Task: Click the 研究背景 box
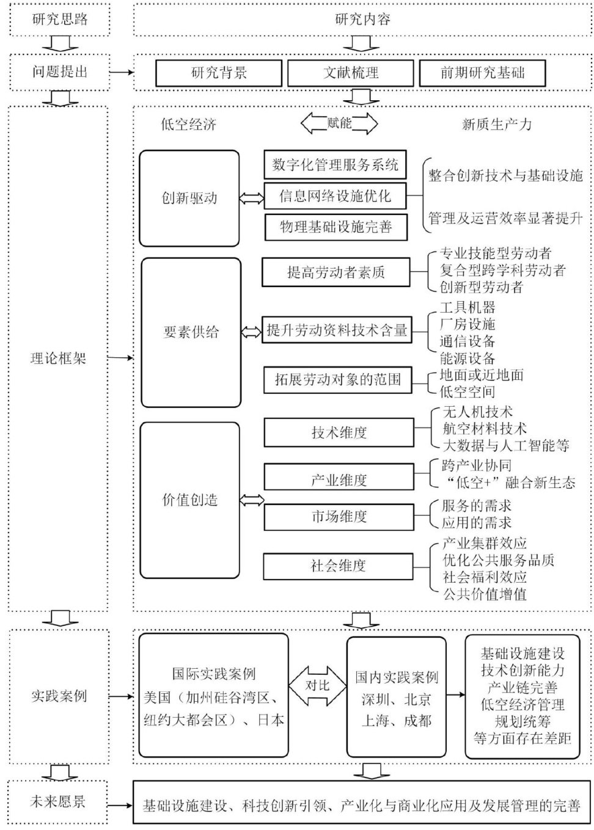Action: coord(219,73)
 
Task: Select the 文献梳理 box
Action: coord(351,73)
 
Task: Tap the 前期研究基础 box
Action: coord(482,73)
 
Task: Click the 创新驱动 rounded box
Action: coord(189,198)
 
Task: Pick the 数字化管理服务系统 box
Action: coord(335,164)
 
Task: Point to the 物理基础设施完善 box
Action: coord(335,228)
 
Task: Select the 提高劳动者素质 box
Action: coord(336,272)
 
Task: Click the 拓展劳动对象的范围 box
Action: coord(337,379)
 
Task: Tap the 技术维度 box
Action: coord(339,433)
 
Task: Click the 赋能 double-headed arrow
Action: coord(339,123)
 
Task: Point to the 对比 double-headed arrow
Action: coord(317,685)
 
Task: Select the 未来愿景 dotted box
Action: coord(59,801)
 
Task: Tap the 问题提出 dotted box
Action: coord(59,72)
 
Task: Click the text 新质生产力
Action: coord(496,125)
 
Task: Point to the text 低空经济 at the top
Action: coord(188,125)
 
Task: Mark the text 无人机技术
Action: coord(477,412)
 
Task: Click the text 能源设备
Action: coord(467,359)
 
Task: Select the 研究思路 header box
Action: coord(59,19)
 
